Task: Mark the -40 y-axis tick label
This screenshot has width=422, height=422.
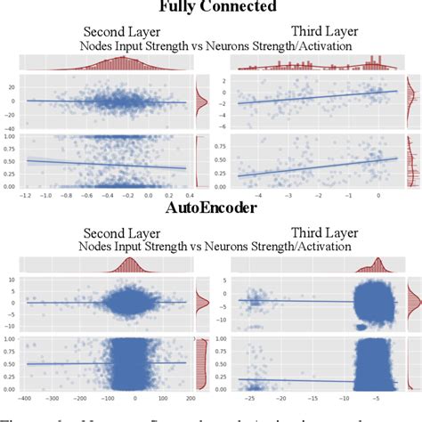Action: pos(9,128)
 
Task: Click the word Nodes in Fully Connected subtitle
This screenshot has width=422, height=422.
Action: pos(95,43)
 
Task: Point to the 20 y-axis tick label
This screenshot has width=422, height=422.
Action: pos(11,87)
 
